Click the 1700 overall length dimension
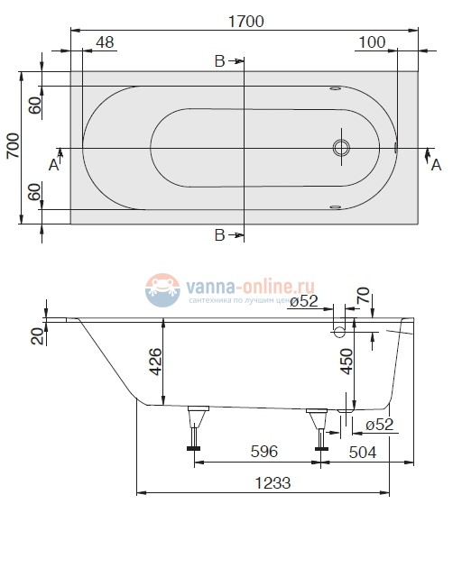244,23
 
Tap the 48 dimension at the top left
105,42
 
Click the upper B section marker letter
219,61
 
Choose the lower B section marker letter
219,236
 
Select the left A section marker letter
54,165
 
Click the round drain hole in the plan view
342,147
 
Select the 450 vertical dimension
346,362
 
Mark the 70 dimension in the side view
363,295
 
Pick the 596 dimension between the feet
263,450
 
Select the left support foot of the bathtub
196,425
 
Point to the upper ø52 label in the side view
302,302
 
